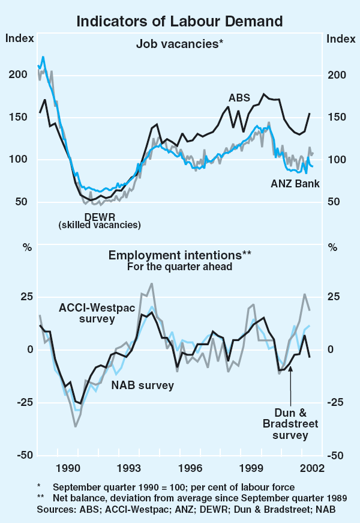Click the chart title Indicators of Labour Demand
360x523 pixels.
pyautogui.click(x=179, y=22)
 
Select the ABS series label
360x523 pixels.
pyautogui.click(x=239, y=97)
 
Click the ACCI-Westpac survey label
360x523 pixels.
pyautogui.click(x=97, y=313)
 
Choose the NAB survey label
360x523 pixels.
pyautogui.click(x=143, y=385)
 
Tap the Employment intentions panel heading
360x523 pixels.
pyautogui.click(x=180, y=255)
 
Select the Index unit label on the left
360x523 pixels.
pyautogui.click(x=17, y=39)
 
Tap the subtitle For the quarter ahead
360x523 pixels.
pyautogui.click(x=179, y=267)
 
